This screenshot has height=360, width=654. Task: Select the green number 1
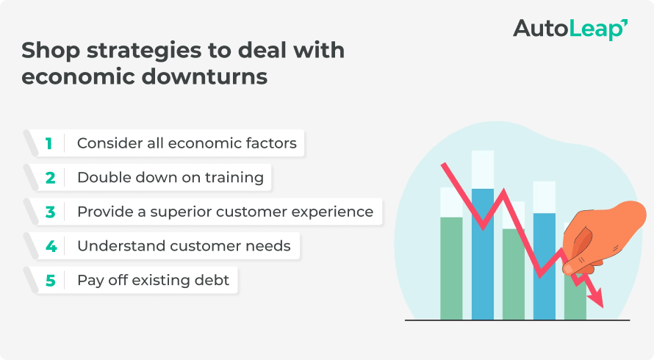(x=48, y=143)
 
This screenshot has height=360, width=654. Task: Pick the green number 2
(x=49, y=177)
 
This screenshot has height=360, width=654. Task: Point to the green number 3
(x=49, y=212)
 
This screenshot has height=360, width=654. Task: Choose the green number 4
(x=50, y=246)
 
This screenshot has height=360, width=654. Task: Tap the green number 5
(x=50, y=280)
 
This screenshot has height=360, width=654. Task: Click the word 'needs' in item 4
(x=270, y=246)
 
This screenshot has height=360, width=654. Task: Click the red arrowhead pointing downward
(x=597, y=299)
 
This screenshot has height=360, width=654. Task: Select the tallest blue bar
(x=482, y=253)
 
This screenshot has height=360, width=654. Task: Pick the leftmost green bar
(x=451, y=268)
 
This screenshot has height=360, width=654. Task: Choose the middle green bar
(x=513, y=273)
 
